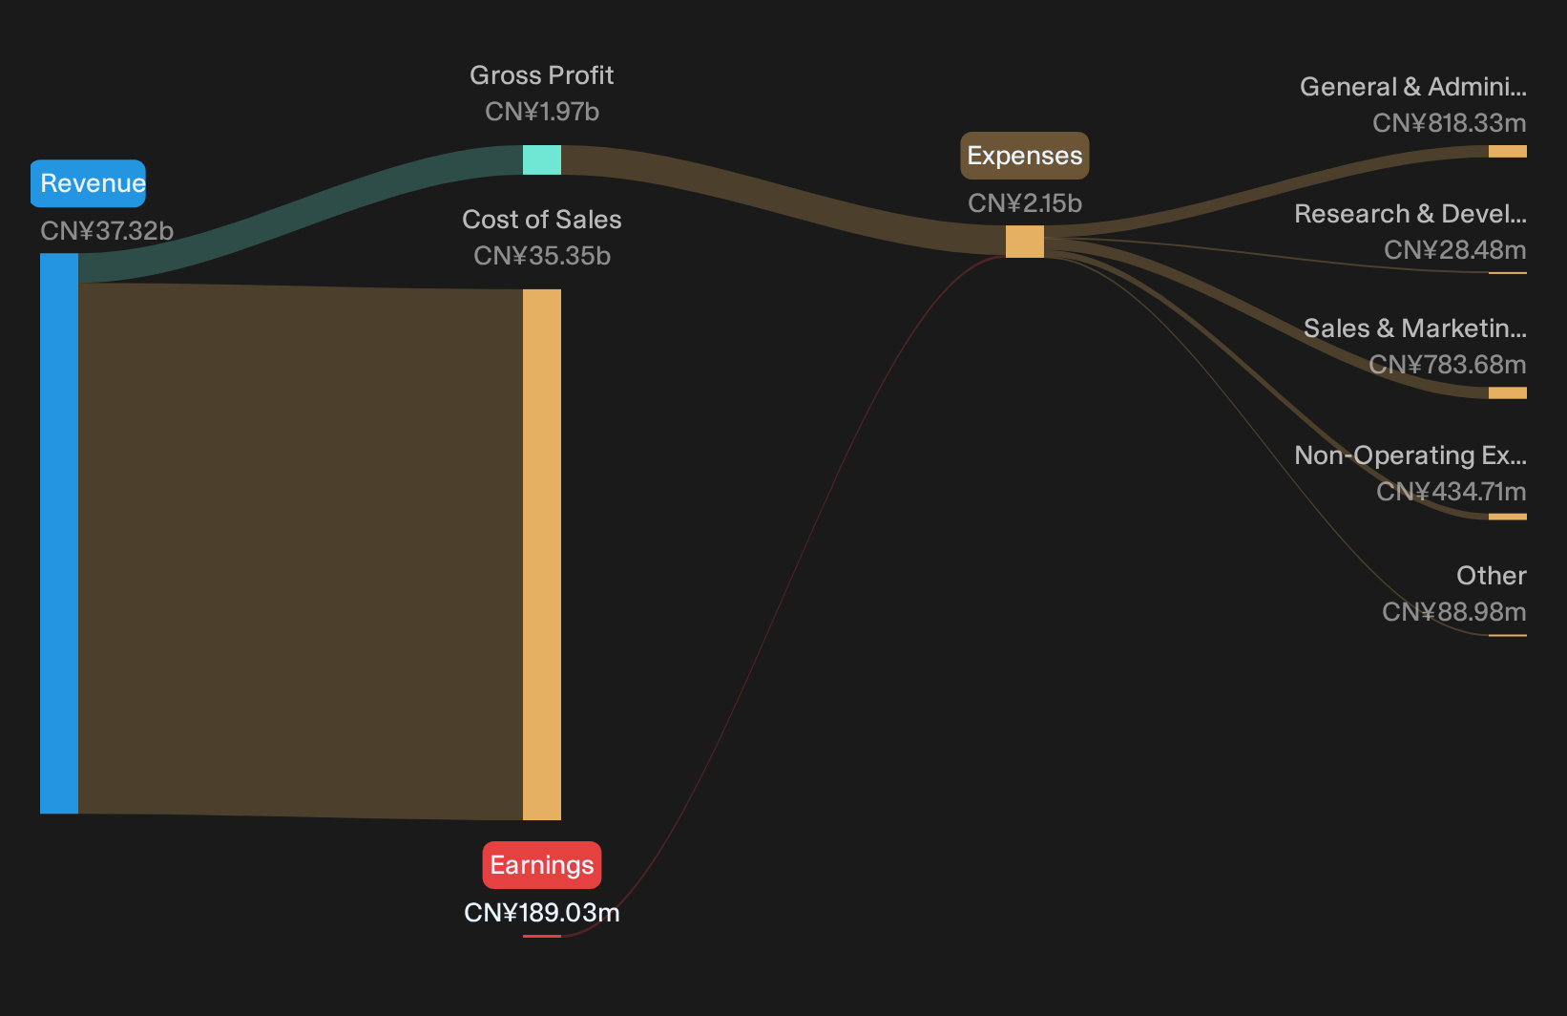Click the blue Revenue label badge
[x=88, y=183]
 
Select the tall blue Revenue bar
[x=59, y=534]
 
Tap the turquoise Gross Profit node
[x=542, y=159]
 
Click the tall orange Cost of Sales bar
[x=542, y=555]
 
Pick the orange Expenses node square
[x=1025, y=242]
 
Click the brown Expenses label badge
[x=1025, y=156]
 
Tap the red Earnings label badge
[x=542, y=865]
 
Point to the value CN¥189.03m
[x=542, y=913]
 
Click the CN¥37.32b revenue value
[x=107, y=231]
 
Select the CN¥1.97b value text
[x=542, y=112]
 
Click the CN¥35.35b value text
[x=542, y=256]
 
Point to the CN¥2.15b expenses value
[x=1025, y=203]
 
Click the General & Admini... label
[x=1413, y=87]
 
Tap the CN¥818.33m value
[x=1450, y=123]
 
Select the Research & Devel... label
[x=1410, y=214]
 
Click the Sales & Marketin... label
[x=1415, y=328]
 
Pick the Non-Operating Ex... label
[x=1410, y=455]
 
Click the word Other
[x=1492, y=576]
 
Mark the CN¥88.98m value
[x=1454, y=613]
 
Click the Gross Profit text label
[x=542, y=75]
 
